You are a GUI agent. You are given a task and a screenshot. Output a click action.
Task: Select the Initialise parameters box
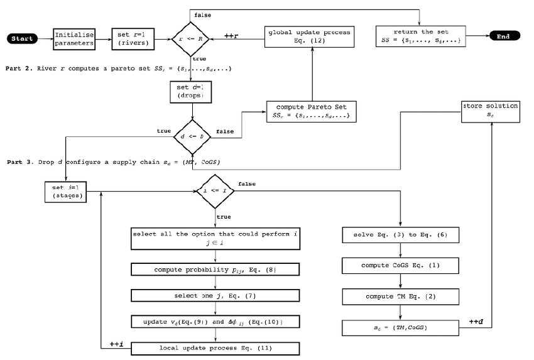74,39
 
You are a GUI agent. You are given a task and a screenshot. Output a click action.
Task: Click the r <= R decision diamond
192,39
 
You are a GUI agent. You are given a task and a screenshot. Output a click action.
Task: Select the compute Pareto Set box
310,111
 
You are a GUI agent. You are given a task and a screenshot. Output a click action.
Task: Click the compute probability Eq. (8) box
215,270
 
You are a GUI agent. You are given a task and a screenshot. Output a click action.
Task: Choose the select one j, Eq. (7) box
215,295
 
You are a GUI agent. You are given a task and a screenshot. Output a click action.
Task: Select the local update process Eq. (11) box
215,346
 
